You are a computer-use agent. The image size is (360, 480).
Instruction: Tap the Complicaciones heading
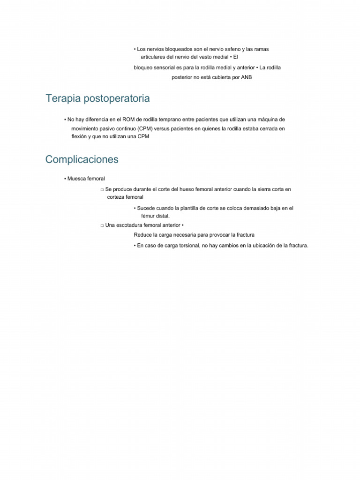(82, 160)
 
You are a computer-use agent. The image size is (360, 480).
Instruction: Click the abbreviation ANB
(246, 77)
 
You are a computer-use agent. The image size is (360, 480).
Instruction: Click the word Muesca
(76, 179)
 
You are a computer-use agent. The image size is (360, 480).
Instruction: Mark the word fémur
(148, 216)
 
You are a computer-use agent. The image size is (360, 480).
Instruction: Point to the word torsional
(188, 246)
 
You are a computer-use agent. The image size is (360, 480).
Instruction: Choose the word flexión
(75, 136)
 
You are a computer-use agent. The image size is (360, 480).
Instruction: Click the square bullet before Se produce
(102, 190)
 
